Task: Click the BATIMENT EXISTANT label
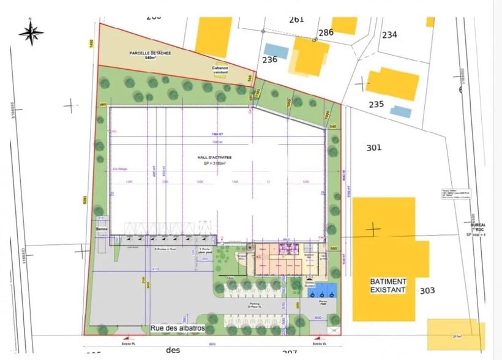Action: (388, 285)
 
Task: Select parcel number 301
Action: (373, 148)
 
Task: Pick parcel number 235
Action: (376, 104)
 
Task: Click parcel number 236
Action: (270, 59)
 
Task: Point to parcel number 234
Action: (389, 35)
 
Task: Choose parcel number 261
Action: (296, 19)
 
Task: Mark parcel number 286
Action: (326, 32)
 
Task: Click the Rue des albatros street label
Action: (178, 329)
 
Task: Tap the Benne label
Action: (101, 229)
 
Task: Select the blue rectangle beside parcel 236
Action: (276, 50)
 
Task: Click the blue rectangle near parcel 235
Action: (401, 111)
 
